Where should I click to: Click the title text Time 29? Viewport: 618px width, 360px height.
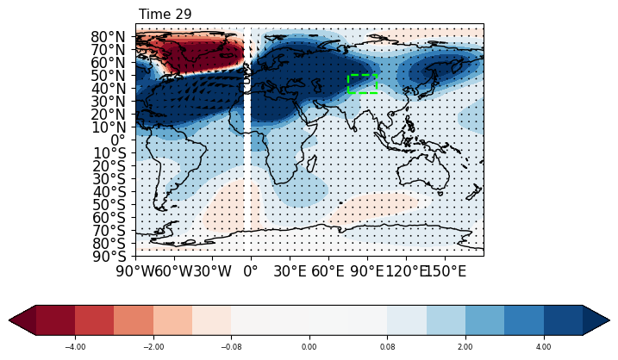point(165,15)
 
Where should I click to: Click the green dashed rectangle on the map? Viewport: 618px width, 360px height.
point(362,84)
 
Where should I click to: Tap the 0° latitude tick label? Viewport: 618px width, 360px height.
point(122,140)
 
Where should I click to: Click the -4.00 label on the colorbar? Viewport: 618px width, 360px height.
point(75,346)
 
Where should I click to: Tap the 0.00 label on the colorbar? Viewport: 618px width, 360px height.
point(309,346)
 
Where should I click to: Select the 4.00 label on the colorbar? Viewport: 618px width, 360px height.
point(544,346)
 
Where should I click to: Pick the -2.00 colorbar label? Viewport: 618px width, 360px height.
point(153,346)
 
